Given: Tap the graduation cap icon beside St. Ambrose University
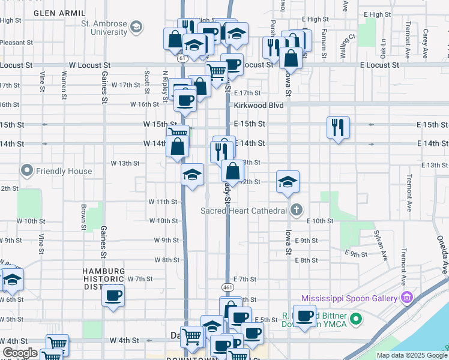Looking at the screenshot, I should tap(137, 26).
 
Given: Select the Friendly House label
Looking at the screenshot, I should tap(64, 171).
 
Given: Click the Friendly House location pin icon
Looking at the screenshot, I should tap(26, 171).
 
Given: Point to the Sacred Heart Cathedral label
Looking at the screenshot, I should tap(243, 211).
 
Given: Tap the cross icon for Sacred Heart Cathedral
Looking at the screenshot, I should tap(295, 211).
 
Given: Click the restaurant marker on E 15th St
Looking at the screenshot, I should tap(339, 127).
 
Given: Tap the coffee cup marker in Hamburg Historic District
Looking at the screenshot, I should tap(113, 295).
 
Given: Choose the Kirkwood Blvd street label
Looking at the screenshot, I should tap(259, 105).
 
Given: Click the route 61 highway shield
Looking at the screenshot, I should tap(181, 58).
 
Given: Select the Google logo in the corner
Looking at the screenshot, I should tap(19, 353).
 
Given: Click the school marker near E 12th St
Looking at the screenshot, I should tap(288, 182).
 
